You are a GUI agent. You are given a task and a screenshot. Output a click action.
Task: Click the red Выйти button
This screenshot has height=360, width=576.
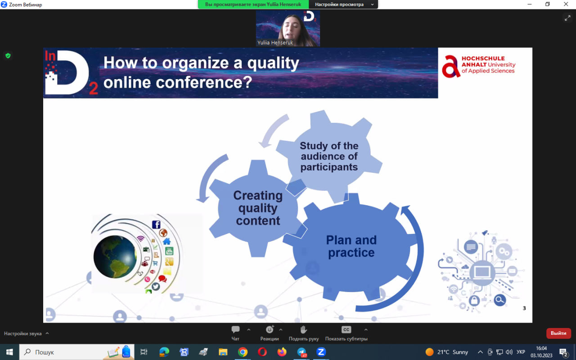pyautogui.click(x=558, y=333)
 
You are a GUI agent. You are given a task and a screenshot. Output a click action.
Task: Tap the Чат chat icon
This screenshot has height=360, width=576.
pyautogui.click(x=235, y=329)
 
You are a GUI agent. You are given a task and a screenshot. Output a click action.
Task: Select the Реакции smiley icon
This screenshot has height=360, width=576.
pyautogui.click(x=270, y=329)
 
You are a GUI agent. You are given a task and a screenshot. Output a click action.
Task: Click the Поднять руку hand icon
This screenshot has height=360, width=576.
pyautogui.click(x=303, y=329)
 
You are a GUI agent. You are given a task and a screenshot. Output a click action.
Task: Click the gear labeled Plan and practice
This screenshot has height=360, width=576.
pyautogui.click(x=351, y=247)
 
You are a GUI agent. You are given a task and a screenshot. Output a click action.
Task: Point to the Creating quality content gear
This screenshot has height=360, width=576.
pyautogui.click(x=258, y=208)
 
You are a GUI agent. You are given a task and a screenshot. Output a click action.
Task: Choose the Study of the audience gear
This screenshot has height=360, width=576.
pyautogui.click(x=329, y=156)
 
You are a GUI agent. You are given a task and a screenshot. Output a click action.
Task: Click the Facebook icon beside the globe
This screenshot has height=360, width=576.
pyautogui.click(x=156, y=225)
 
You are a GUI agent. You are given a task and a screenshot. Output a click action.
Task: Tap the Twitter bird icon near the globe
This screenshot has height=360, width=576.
pyautogui.click(x=156, y=287)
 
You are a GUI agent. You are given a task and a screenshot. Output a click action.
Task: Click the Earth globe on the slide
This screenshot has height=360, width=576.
pyautogui.click(x=115, y=256)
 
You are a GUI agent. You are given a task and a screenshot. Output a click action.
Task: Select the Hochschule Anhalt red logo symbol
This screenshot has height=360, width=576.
pyautogui.click(x=451, y=66)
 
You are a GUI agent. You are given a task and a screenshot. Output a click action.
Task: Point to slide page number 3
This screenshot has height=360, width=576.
pyautogui.click(x=524, y=308)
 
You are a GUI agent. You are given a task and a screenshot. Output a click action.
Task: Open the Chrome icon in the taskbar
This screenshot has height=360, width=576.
pyautogui.click(x=243, y=352)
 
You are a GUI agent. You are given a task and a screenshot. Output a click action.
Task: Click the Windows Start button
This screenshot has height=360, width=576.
pyautogui.click(x=9, y=352)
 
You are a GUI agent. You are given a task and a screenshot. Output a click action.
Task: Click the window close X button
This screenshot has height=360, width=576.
pyautogui.click(x=566, y=4)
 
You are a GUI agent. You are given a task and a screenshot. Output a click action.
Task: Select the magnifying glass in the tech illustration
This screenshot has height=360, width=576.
pyautogui.click(x=499, y=300)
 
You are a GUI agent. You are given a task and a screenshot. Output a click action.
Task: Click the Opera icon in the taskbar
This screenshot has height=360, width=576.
pyautogui.click(x=262, y=352)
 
